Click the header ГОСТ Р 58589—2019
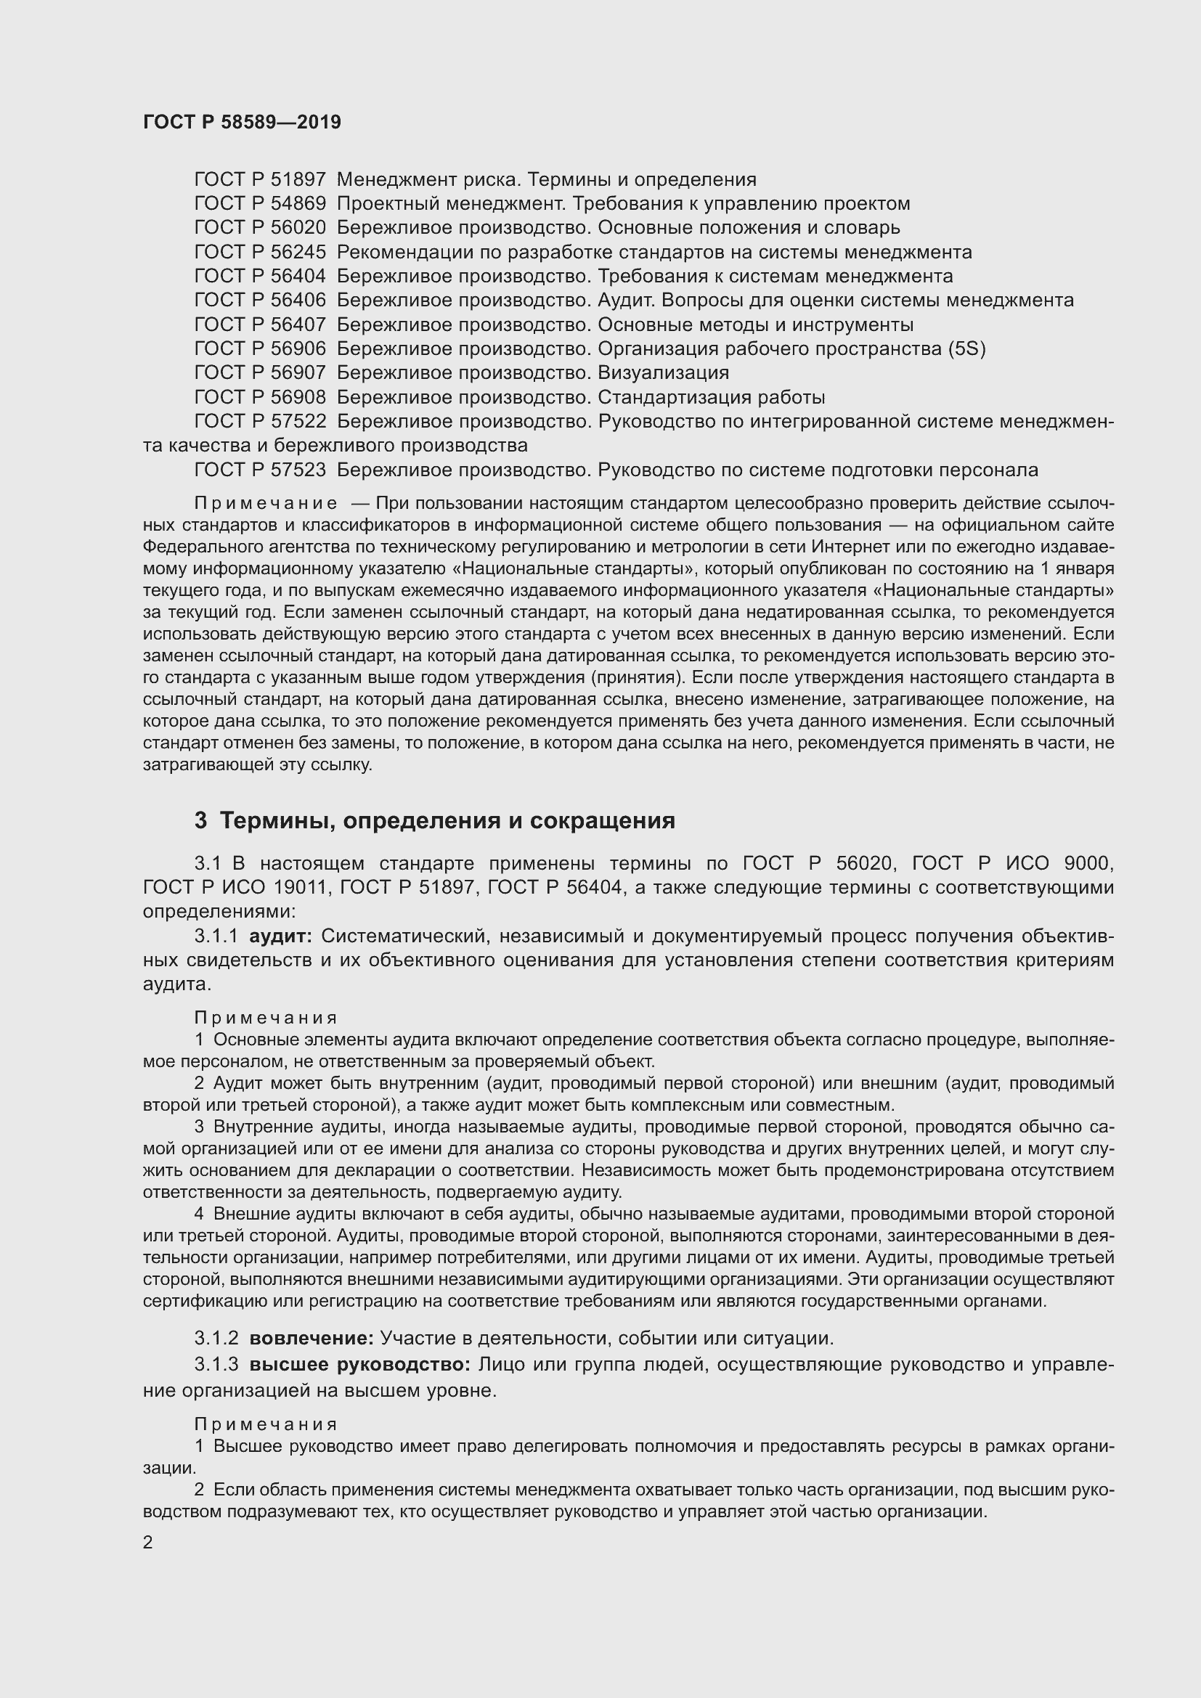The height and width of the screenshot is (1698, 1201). (242, 122)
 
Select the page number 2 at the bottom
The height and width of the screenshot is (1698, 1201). (148, 1542)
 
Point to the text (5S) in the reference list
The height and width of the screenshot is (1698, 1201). (966, 349)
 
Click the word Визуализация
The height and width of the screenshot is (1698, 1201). (663, 372)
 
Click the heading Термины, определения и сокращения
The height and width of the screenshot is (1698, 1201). (447, 820)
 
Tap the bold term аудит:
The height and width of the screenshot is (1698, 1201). (280, 936)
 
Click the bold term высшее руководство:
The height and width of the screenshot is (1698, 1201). (359, 1364)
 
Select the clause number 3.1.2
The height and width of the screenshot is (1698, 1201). (216, 1338)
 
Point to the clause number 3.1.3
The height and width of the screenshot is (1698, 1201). (216, 1364)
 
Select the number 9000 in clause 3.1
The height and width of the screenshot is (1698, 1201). (1088, 863)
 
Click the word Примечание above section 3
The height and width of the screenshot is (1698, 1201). (266, 504)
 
